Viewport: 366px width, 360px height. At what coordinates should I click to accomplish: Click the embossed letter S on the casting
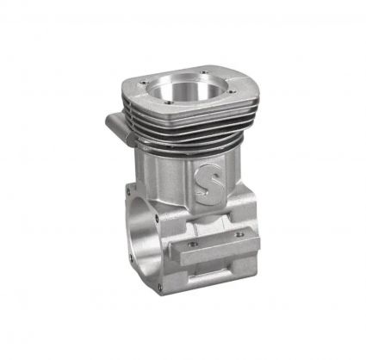coord(209,184)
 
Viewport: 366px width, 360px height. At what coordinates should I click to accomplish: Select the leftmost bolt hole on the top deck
coord(141,84)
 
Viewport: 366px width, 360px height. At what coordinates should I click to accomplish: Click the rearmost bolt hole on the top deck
coord(204,72)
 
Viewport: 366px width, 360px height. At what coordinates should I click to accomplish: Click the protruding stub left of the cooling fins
coord(118,126)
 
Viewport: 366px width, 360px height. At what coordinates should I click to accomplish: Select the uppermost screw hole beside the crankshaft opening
coord(128,187)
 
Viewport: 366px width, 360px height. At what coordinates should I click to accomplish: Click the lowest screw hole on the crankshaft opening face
coord(160,287)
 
